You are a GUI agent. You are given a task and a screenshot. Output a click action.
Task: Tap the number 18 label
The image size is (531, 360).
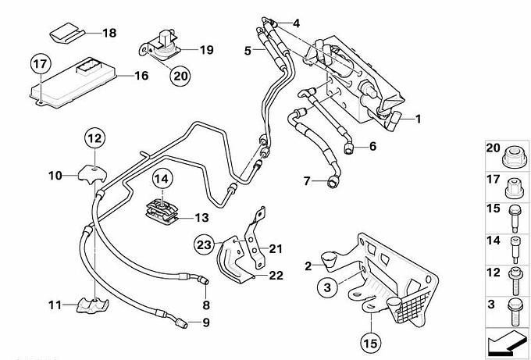tap(109, 34)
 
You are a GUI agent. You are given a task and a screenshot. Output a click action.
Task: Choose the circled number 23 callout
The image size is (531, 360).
tap(205, 245)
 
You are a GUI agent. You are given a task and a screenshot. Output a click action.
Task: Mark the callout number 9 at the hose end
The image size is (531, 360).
tap(207, 323)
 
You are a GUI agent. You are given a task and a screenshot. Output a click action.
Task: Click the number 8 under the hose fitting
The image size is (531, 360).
tap(206, 304)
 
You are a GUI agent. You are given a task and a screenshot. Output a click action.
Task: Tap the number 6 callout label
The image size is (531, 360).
tap(373, 146)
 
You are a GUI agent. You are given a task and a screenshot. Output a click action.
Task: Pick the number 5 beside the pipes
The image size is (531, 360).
tap(247, 51)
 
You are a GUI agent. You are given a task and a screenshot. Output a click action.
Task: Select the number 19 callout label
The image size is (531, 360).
tap(206, 51)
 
